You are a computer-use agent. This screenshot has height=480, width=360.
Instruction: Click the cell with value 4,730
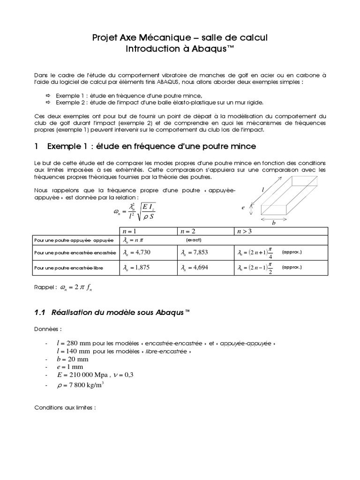135,253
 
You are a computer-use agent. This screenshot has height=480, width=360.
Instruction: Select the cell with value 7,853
194,253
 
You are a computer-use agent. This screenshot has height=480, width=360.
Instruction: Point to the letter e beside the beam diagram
244,207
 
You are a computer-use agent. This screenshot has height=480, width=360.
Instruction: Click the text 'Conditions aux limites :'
65,408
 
